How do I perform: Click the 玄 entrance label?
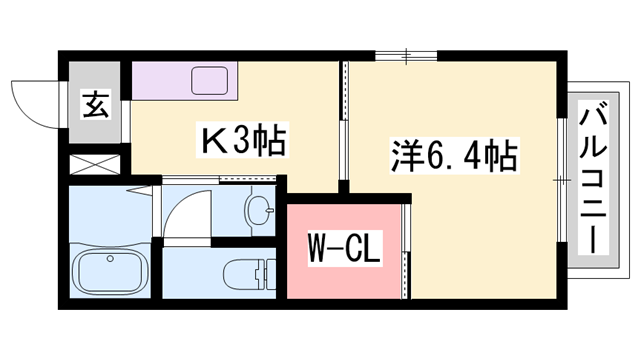pyautogui.click(x=96, y=103)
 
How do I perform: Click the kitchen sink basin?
pyautogui.click(x=211, y=79)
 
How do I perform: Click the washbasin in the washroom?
pyautogui.click(x=263, y=211)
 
